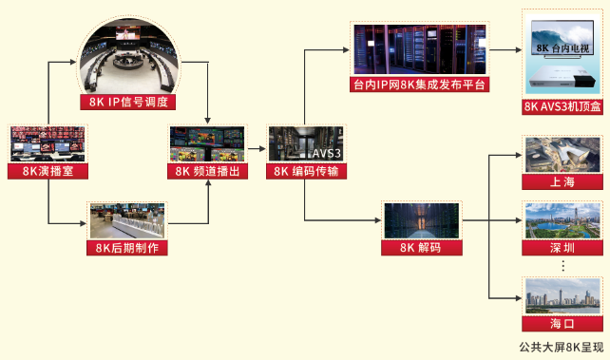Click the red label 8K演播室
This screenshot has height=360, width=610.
coord(48,172)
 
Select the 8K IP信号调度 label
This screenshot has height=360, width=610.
coord(128,103)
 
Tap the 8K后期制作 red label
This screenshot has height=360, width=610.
coord(126,248)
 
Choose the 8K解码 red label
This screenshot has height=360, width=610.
coord(420,248)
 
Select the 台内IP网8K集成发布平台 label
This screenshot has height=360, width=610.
coord(419,85)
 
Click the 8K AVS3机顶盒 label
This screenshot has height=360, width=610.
coord(562,106)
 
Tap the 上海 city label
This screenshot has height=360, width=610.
coord(562,181)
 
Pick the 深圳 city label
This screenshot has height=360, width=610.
coord(562,248)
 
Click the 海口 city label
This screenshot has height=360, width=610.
coord(562,323)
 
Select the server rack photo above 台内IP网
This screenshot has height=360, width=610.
coord(419,49)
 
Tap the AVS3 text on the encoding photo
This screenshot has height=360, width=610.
coord(326,152)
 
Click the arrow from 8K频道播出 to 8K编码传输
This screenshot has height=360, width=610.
coord(255,144)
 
